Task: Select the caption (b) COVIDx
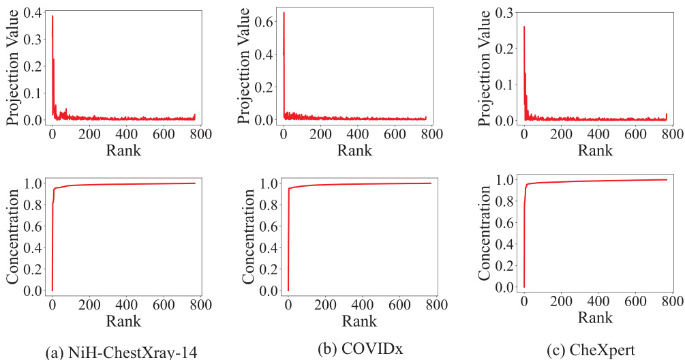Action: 360,348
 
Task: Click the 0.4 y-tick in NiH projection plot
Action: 35,14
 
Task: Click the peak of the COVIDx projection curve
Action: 284,13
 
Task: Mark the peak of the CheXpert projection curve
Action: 524,27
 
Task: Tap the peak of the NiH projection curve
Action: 52,16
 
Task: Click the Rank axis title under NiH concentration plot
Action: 123,320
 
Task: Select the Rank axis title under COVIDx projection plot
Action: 355,150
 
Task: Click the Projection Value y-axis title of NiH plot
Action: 13,67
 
